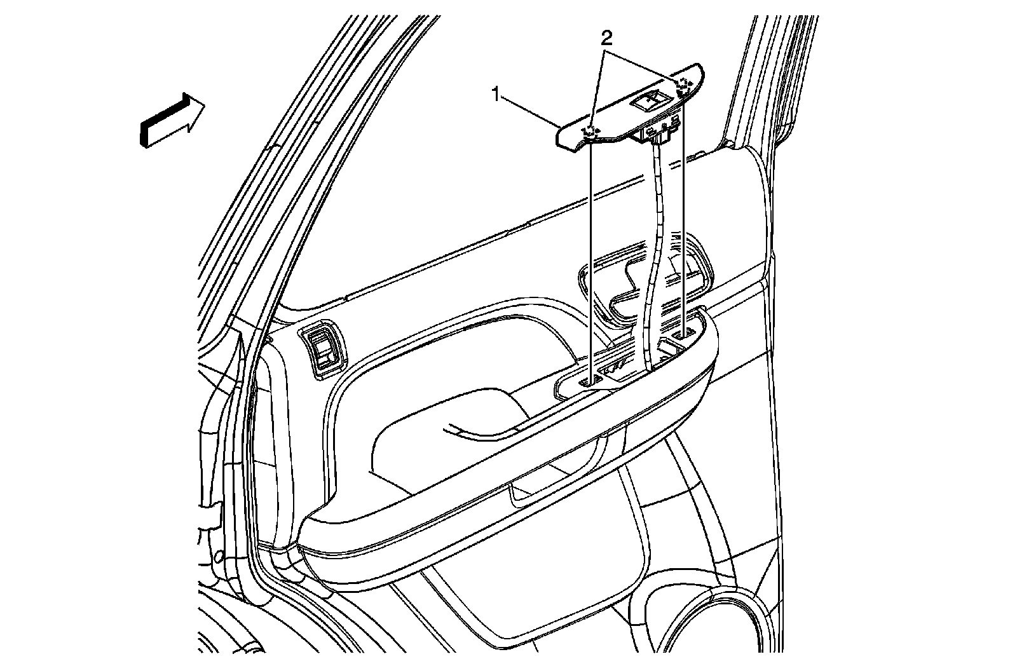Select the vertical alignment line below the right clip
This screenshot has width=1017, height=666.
click(x=683, y=216)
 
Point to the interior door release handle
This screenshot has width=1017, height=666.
click(x=636, y=280)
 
